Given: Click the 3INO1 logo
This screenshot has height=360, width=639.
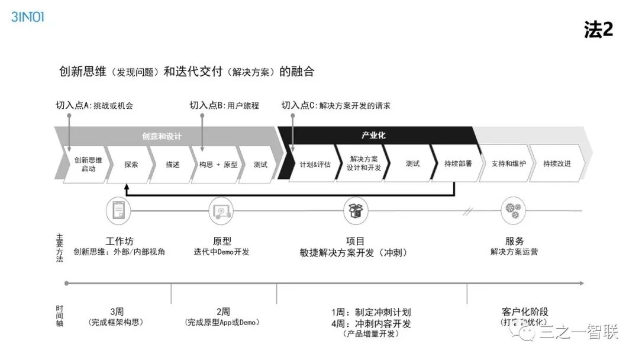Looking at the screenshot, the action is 27,17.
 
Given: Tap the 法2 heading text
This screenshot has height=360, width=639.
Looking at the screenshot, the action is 598,30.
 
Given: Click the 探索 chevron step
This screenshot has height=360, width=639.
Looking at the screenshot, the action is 131,164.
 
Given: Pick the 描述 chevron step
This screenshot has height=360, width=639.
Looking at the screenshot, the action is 173,164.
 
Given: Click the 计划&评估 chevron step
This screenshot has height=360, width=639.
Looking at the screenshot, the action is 315,164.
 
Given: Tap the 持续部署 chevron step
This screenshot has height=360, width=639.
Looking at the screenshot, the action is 458,164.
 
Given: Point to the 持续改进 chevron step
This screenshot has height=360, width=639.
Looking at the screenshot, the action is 557,164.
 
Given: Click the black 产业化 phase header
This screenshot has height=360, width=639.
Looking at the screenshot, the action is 373,135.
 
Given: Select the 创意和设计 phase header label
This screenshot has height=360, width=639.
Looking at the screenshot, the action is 162,136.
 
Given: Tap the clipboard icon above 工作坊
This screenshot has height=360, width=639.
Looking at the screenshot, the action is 119,210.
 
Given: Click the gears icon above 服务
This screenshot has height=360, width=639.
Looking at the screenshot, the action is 512,210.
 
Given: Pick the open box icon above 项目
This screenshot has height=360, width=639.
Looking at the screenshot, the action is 355,210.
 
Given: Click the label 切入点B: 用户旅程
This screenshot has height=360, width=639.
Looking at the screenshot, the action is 224,106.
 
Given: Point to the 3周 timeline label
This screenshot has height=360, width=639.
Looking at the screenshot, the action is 116,312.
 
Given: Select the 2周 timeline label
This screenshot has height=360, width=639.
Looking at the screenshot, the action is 222,312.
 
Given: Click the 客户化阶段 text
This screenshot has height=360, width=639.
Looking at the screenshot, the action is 525,312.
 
